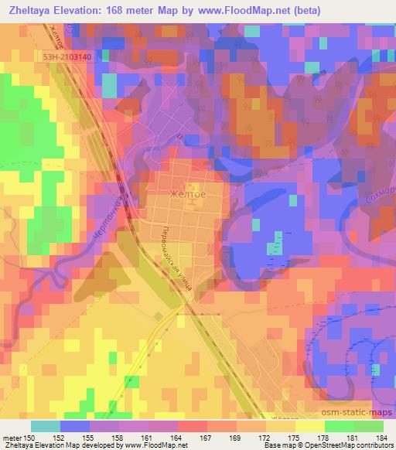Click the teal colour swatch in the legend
pyautogui.click(x=45, y=426)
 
